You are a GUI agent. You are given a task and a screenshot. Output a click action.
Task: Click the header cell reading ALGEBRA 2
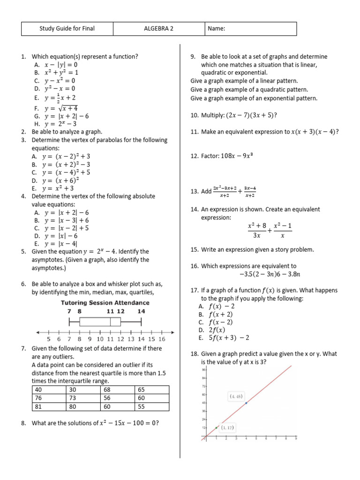point(158,29)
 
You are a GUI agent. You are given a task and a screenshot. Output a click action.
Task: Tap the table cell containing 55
point(152,407)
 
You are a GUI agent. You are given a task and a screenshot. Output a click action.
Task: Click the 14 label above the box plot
point(141,311)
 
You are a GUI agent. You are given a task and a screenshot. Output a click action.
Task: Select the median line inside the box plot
point(110,322)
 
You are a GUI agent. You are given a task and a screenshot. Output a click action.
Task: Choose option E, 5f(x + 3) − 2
point(225,337)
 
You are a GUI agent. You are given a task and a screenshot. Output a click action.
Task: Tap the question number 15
point(195,250)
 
